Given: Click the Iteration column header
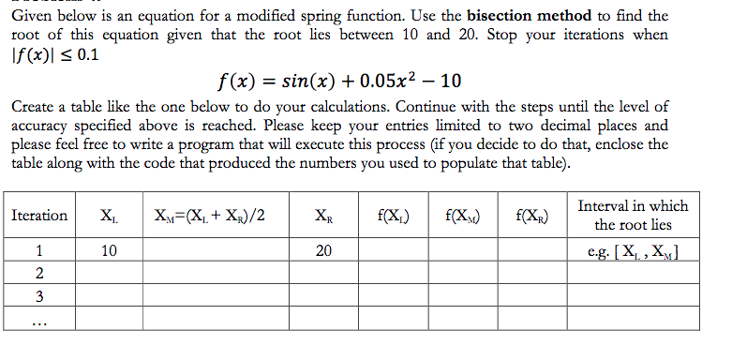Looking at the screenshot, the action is [38, 216].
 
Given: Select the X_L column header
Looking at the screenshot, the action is [109, 216].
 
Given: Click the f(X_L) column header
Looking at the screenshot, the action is [392, 216].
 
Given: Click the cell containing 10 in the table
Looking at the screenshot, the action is [109, 251].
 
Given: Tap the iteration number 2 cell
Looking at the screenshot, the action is [38, 274].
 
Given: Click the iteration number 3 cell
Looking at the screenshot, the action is [38, 296].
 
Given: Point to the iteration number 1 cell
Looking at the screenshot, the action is [38, 251].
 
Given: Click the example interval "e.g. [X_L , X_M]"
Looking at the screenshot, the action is [633, 251].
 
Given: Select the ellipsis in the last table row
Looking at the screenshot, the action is [38, 320].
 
